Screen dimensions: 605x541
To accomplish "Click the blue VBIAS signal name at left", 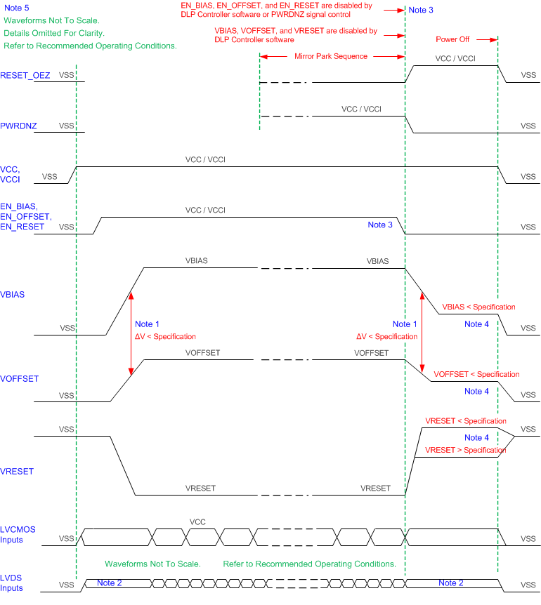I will tap(13, 295).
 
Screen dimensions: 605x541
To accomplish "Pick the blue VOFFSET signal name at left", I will tap(20, 379).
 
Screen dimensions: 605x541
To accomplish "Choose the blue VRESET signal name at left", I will tap(18, 472).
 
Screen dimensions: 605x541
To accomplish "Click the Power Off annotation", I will tap(452, 40).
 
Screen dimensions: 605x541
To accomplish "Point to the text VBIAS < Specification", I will tap(478, 307).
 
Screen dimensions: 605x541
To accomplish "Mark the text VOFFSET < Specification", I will tap(477, 374).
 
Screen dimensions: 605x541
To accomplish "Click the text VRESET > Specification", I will tap(465, 449).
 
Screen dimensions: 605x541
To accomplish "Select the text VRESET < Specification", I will tap(465, 421).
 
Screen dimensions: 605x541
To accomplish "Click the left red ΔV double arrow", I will tap(131, 333).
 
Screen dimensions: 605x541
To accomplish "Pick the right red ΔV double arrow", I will tap(422, 333).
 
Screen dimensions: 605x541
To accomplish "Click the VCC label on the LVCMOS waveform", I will tap(197, 522).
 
